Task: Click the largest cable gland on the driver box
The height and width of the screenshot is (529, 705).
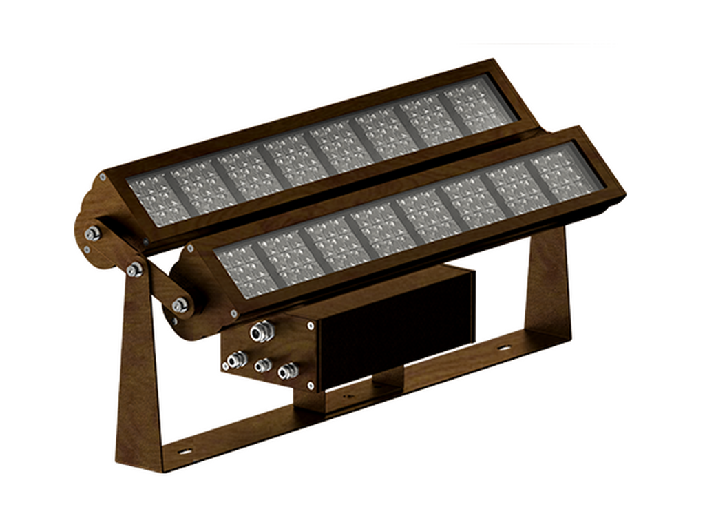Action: coord(262,333)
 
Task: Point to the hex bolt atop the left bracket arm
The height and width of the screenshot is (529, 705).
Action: coord(134,269)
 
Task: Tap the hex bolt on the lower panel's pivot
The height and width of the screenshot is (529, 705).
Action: coord(180,304)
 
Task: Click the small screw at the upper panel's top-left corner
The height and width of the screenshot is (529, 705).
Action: coord(103,178)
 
